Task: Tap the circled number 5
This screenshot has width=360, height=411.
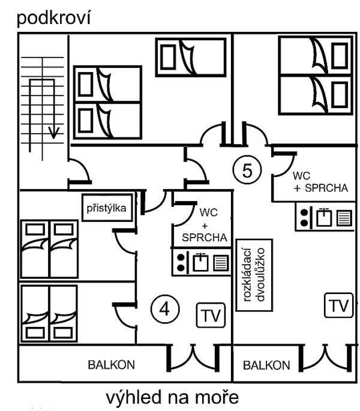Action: pyautogui.click(x=245, y=170)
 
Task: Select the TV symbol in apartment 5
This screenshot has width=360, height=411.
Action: pyautogui.click(x=337, y=305)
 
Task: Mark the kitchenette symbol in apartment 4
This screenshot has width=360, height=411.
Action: pyautogui.click(x=201, y=262)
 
